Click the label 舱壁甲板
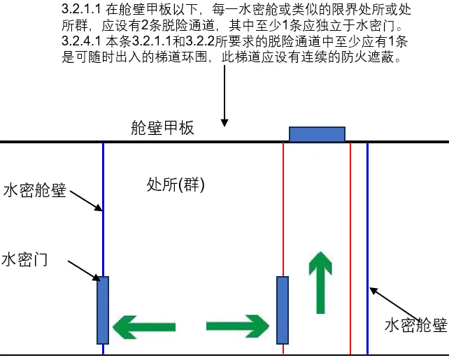tap(162, 128)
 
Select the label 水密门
tap(24, 260)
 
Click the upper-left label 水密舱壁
tap(34, 190)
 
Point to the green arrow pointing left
tap(143, 326)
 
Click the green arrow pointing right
tap(238, 326)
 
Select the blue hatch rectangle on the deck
tap(318, 134)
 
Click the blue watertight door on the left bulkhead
tap(103, 310)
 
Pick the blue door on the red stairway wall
tap(283, 310)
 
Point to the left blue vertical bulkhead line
tap(103, 224)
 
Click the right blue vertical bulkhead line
tap(367, 224)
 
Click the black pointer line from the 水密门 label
tap(85, 270)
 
